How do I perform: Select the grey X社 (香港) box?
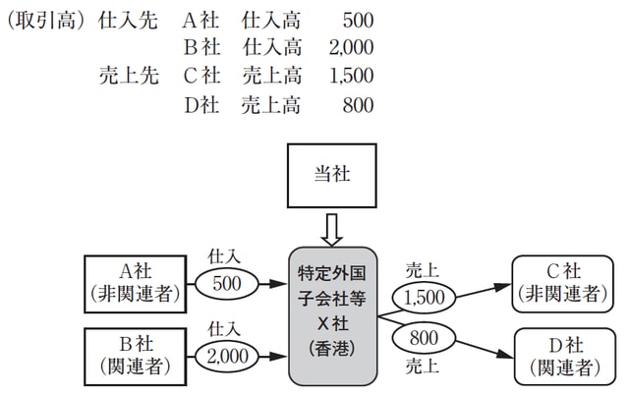point(333,314)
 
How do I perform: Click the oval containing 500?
point(225,283)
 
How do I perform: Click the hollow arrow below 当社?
point(332,230)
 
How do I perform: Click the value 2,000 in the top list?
point(351,46)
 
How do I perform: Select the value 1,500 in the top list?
point(351,74)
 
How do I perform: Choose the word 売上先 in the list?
point(128,74)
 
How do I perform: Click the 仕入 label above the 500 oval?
point(225,254)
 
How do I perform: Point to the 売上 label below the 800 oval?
point(422,367)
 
